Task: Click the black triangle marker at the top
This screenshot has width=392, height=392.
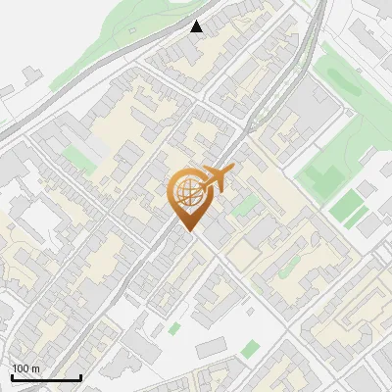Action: [197, 26]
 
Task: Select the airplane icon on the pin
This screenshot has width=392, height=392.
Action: [215, 179]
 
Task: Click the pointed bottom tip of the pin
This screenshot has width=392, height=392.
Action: [189, 231]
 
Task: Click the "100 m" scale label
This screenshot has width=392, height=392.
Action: [26, 368]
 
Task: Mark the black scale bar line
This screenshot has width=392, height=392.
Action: [46, 378]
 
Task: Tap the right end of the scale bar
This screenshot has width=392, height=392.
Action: [80, 378]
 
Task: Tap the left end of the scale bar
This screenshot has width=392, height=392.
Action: [12, 378]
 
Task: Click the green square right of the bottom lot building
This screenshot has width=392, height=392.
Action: [251, 347]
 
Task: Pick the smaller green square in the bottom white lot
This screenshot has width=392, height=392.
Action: [174, 329]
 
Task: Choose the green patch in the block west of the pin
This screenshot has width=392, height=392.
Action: [76, 157]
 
